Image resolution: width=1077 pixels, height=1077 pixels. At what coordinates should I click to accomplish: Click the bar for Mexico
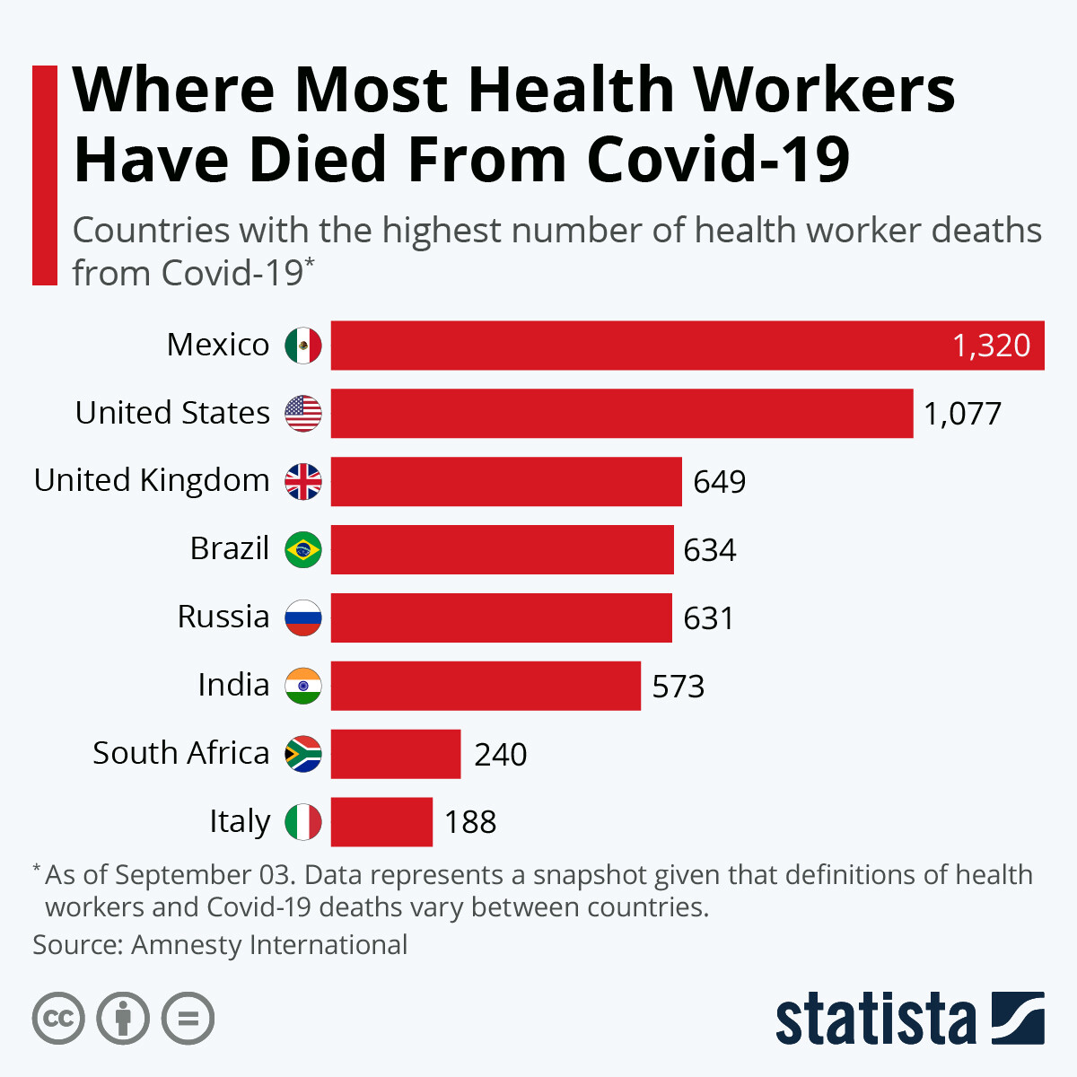[628, 346]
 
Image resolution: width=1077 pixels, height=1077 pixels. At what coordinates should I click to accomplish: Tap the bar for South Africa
[395, 754]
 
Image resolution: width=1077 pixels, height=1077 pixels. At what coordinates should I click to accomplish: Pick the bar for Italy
[381, 822]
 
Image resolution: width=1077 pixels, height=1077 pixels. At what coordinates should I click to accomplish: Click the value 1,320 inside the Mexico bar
[991, 346]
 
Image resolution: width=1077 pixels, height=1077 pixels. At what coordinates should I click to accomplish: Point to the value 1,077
[962, 414]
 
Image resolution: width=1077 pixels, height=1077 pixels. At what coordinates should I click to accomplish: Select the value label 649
[719, 482]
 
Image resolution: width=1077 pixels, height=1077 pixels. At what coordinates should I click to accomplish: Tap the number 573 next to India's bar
[678, 687]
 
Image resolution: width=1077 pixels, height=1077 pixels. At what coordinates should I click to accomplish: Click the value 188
[469, 822]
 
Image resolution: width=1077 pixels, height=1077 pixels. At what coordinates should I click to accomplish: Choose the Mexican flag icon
[303, 346]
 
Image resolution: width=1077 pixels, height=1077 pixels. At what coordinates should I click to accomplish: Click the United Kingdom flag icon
[303, 482]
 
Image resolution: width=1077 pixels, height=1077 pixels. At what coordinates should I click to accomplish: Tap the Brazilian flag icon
[303, 549]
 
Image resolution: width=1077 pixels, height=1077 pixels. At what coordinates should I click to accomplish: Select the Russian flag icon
[303, 617]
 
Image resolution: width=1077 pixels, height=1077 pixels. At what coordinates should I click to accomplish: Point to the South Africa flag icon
[303, 754]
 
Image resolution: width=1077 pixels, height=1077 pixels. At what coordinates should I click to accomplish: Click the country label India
[233, 685]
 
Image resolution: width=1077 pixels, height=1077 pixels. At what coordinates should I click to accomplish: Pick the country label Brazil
[230, 548]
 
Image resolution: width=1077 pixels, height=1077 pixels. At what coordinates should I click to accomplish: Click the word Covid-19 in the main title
[718, 160]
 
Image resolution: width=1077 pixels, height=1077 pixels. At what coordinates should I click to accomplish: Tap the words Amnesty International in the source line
[269, 945]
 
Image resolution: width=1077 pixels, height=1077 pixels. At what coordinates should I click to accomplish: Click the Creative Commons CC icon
[58, 1019]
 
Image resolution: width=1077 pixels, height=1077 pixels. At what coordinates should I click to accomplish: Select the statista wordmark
[875, 1019]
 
